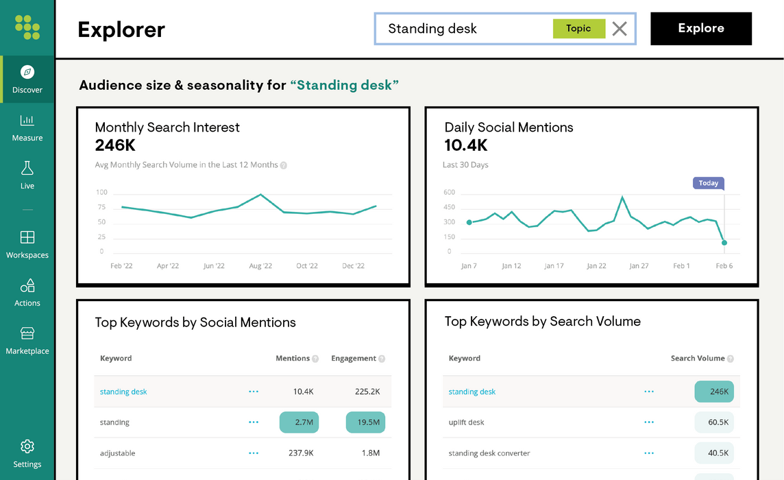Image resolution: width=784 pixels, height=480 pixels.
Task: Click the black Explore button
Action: [x=700, y=29]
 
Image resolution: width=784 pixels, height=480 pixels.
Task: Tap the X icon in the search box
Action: [x=620, y=29]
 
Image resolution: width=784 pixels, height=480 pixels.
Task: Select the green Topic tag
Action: [x=578, y=29]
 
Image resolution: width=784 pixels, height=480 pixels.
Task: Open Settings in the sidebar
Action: [x=27, y=453]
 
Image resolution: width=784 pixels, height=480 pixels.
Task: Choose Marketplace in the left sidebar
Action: [x=27, y=340]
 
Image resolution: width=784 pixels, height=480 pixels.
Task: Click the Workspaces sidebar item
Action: [x=27, y=244]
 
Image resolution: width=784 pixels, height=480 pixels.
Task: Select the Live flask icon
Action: [x=27, y=169]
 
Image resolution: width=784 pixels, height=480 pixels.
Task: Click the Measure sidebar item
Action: [x=27, y=128]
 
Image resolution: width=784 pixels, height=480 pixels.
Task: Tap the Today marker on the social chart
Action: [x=709, y=183]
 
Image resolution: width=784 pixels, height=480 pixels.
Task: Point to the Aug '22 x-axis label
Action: [x=260, y=266]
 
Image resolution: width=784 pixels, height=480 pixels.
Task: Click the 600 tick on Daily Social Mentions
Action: [x=450, y=193]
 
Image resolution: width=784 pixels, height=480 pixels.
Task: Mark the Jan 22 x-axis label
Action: [x=596, y=266]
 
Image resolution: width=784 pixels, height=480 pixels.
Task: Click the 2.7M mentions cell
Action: [x=299, y=422]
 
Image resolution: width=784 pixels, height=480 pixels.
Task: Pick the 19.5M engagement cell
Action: [x=365, y=422]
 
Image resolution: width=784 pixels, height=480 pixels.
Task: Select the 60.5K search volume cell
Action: [x=714, y=422]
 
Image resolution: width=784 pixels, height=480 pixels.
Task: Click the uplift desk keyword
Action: [x=466, y=422]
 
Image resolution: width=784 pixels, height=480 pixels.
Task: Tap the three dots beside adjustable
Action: [x=254, y=453]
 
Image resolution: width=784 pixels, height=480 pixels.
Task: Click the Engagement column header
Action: [x=354, y=359]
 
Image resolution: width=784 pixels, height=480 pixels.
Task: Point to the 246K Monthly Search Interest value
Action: [x=115, y=145]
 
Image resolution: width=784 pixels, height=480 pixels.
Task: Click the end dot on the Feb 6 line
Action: [x=724, y=243]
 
